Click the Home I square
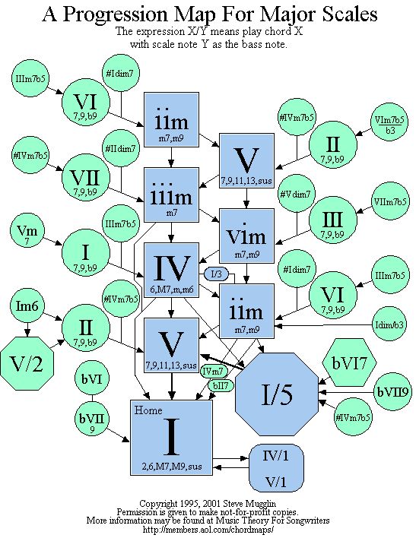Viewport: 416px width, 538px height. point(171,438)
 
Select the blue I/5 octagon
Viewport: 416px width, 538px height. point(277,394)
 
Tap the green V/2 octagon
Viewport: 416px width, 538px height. point(27,363)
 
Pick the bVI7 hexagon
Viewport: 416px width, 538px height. point(349,362)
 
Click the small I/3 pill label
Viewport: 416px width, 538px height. point(216,274)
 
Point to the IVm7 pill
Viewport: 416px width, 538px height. point(213,371)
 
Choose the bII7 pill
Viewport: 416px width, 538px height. point(221,385)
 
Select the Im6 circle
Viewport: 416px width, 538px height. point(27,305)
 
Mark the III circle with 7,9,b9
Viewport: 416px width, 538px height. point(333,220)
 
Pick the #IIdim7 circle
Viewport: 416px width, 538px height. point(121,150)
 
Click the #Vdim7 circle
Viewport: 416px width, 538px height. point(296,195)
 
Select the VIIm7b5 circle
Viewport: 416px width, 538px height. point(390,201)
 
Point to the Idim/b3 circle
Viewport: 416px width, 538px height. point(389,324)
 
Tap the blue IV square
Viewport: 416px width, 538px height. point(171,270)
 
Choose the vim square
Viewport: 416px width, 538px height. point(246,236)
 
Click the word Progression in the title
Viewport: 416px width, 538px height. point(115,14)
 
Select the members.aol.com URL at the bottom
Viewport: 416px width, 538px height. point(208,530)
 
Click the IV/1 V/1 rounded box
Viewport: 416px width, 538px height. point(277,468)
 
